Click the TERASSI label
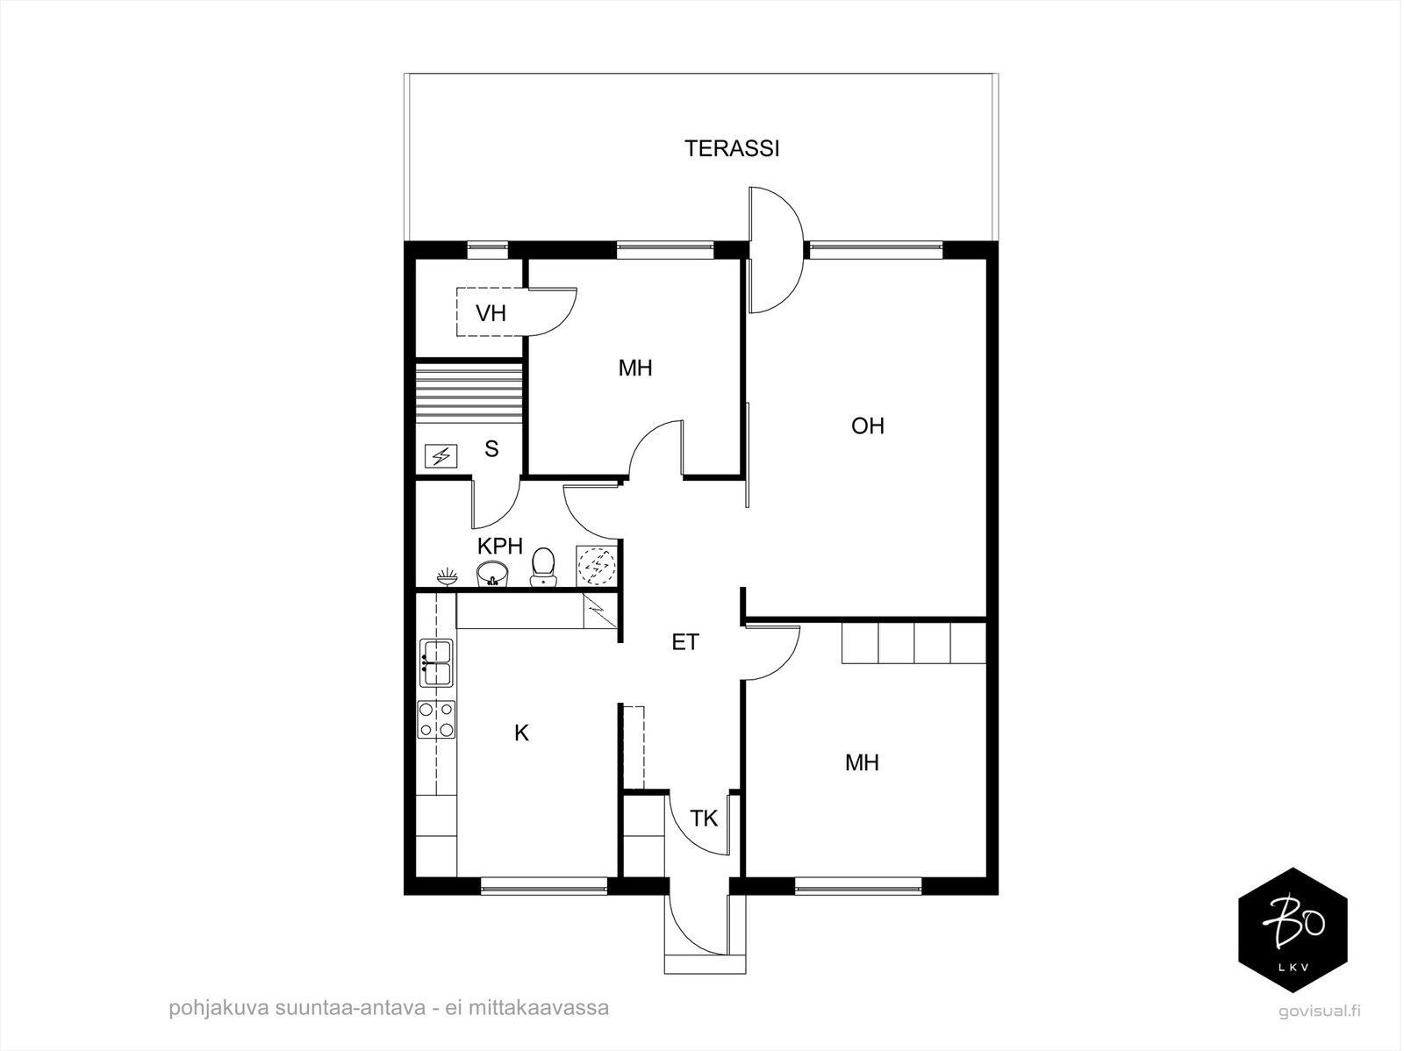732,149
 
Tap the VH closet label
491,313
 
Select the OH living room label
867,425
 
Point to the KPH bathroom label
500,546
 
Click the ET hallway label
685,642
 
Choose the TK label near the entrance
704,819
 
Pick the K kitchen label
521,733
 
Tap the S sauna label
491,449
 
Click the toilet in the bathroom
544,567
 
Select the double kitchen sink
436,663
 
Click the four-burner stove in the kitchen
436,719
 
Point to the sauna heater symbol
441,456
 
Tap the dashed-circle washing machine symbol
596,565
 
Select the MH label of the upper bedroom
634,368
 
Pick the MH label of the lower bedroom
862,762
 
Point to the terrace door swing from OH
775,250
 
